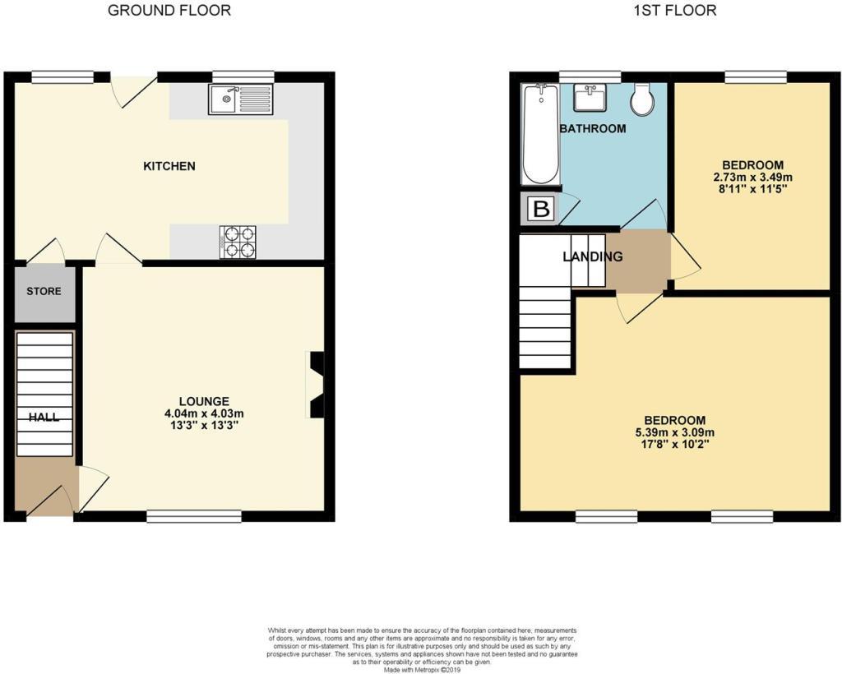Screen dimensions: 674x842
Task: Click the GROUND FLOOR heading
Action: [x=169, y=11]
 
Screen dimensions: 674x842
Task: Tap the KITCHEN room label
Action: [x=169, y=166]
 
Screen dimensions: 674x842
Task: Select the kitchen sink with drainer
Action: [x=240, y=99]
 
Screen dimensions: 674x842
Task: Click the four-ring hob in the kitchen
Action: [x=238, y=242]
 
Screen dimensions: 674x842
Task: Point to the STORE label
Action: [x=44, y=291]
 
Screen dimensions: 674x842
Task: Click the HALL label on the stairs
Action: [x=44, y=417]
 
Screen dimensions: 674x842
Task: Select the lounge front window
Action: [x=194, y=516]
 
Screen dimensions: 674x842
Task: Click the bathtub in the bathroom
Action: [x=540, y=136]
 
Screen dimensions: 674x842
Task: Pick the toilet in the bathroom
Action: [x=643, y=100]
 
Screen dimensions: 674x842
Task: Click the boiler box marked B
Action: [x=541, y=209]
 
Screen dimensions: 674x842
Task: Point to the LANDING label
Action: [x=592, y=256]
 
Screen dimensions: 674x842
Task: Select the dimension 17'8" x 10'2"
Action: [x=674, y=445]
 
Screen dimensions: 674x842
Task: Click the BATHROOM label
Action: [x=592, y=128]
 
